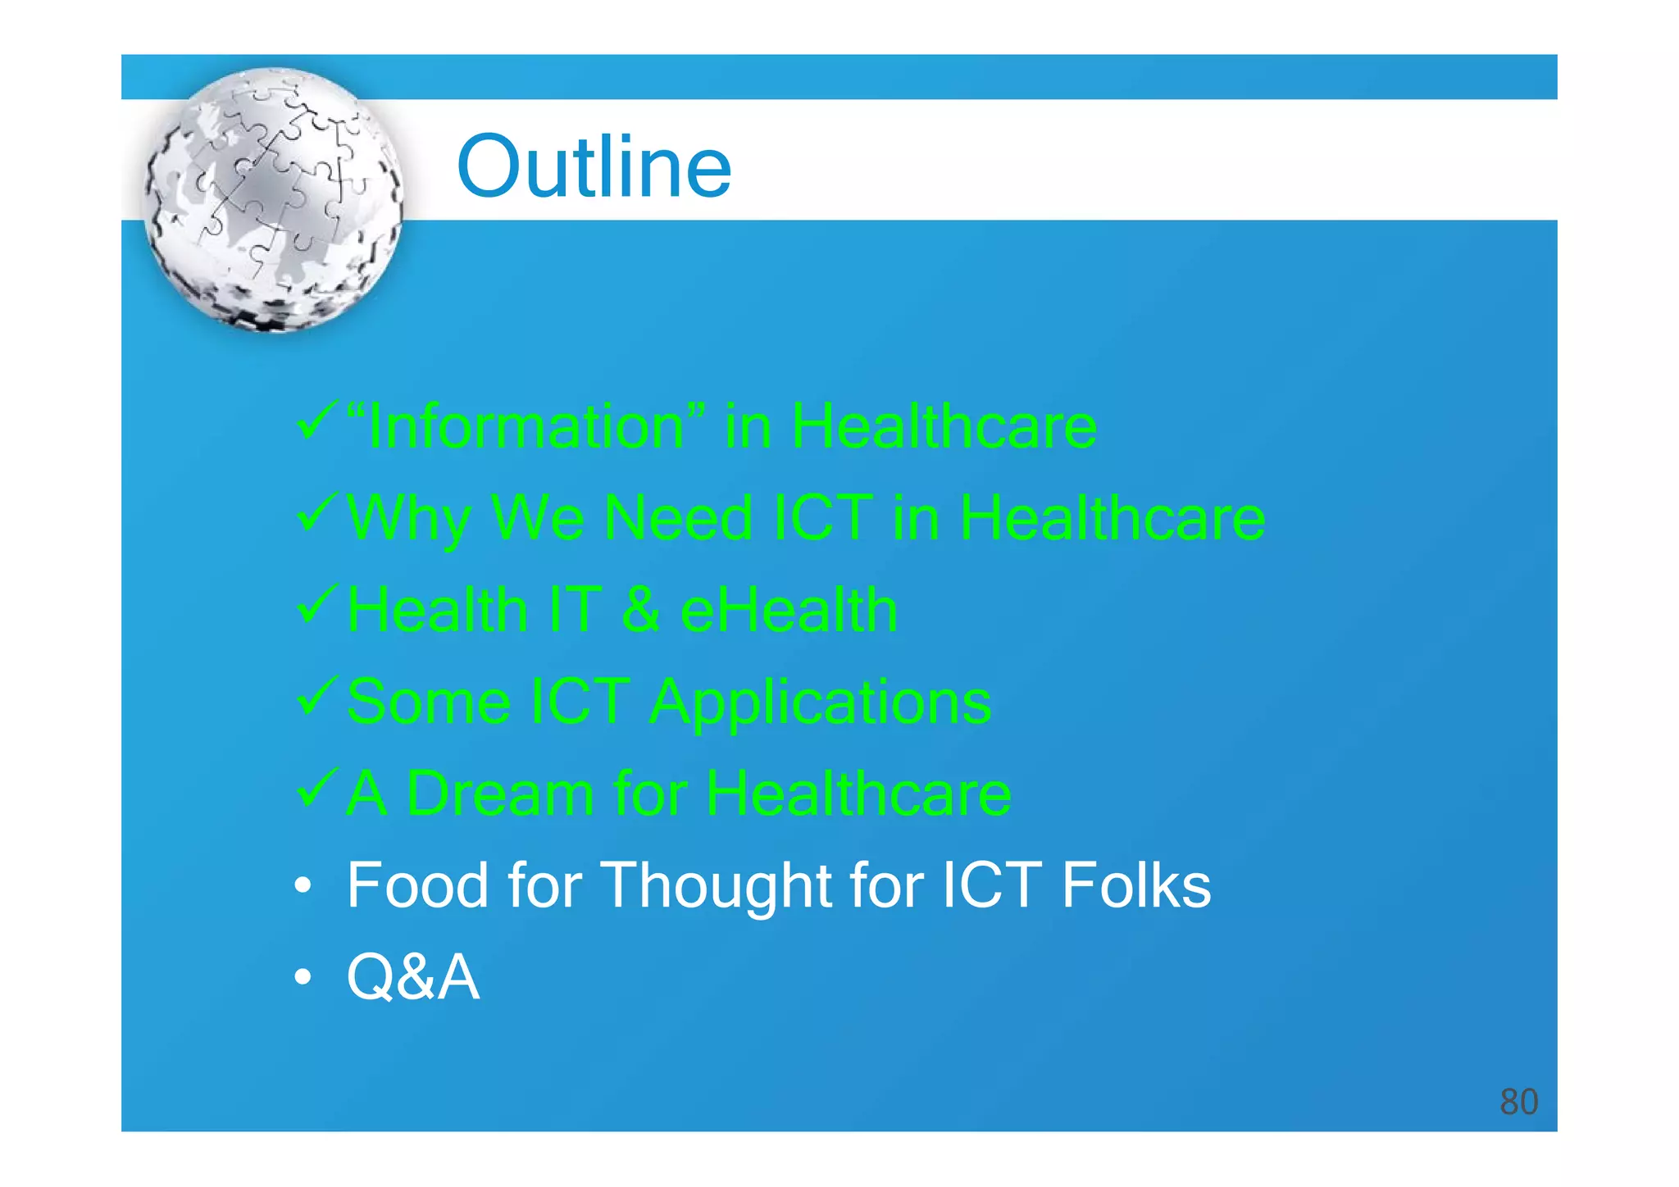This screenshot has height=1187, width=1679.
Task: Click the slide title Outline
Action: [x=594, y=167]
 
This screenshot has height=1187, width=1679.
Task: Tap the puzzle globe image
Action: [x=274, y=200]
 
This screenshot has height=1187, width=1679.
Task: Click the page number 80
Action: [x=1518, y=1102]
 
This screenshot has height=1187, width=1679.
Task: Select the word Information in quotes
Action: [x=526, y=427]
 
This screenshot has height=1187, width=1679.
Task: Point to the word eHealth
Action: [x=789, y=611]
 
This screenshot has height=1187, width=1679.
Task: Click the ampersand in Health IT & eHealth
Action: [x=640, y=611]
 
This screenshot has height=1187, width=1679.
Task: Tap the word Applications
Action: [x=821, y=703]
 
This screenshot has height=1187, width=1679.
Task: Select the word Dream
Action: [x=499, y=794]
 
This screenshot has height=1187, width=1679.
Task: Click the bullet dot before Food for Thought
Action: [x=303, y=886]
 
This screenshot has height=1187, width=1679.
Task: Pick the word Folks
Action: [x=1135, y=886]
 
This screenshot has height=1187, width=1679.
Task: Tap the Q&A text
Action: [x=412, y=977]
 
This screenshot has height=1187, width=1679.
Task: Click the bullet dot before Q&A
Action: [x=303, y=977]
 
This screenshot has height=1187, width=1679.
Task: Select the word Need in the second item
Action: [x=679, y=519]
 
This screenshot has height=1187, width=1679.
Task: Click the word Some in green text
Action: [x=429, y=703]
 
